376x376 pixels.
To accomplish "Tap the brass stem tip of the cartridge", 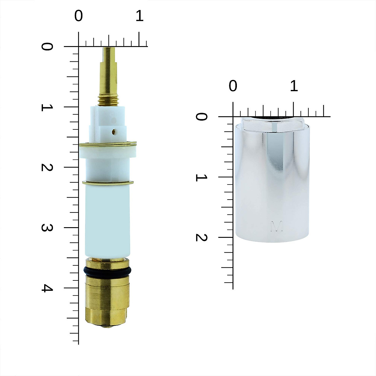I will click(109, 53).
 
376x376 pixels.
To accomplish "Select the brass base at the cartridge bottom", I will click(107, 301).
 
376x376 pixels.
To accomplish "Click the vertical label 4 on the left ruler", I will click(47, 288).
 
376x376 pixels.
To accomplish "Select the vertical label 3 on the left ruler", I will click(47, 228).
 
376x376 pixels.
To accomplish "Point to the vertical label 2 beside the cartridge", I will click(47, 167).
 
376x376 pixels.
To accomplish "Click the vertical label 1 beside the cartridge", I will click(47, 107).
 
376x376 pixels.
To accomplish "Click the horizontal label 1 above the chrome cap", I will click(294, 86).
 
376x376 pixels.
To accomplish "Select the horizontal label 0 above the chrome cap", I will click(233, 86).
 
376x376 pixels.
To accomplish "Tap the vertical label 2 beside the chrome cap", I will click(201, 238).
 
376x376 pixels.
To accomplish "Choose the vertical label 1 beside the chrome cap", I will click(201, 177).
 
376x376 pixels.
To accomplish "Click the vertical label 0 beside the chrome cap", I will click(201, 117).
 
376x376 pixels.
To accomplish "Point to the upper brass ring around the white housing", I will click(108, 144).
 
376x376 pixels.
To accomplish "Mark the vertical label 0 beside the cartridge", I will click(47, 47).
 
